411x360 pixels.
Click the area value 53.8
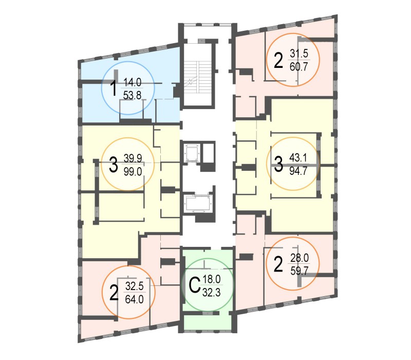coord(132,96)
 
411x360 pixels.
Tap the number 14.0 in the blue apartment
coord(133,82)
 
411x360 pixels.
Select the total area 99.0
coord(133,172)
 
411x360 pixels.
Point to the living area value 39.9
coord(133,158)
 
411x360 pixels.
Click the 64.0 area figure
coord(134,299)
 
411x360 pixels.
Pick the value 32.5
coord(135,286)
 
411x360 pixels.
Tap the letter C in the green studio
coord(195,285)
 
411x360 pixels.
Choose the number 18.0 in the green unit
coord(212,279)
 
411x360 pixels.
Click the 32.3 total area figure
coord(212,292)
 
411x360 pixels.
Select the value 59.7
coord(300,271)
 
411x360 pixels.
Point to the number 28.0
coord(300,258)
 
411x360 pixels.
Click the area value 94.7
coord(298,171)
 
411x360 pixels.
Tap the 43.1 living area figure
coord(298,158)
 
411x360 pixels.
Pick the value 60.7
coord(299,67)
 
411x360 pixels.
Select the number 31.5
coord(299,53)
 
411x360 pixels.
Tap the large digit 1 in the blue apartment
coord(114,88)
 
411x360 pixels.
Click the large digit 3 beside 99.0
coord(113,165)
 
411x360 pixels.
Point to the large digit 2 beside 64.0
coord(114,293)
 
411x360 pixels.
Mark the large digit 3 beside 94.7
coord(278,164)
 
